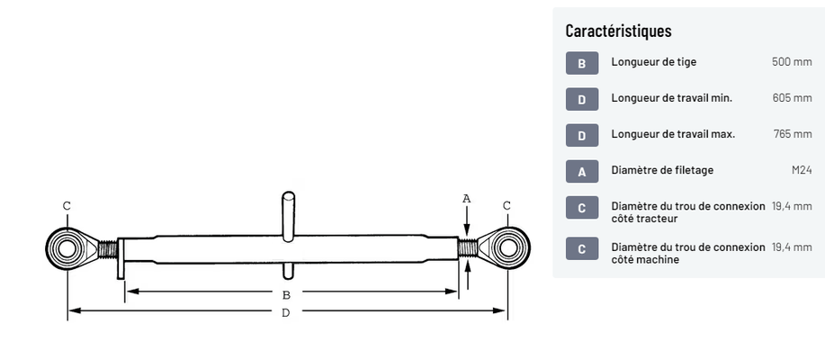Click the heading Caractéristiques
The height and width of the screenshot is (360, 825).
[618, 31]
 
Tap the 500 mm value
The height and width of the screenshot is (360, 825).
[792, 62]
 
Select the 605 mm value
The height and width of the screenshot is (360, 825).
[792, 98]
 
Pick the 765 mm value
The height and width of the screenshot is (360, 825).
[793, 134]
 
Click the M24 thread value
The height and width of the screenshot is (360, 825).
[801, 170]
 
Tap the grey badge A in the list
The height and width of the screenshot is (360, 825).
[581, 171]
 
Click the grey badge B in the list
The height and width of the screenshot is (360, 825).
[581, 63]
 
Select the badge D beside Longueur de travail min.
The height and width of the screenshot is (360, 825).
[581, 99]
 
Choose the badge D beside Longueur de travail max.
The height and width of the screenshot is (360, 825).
[581, 135]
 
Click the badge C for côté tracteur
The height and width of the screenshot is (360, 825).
[581, 207]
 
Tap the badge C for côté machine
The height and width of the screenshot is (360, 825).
[581, 248]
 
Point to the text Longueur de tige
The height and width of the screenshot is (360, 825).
[653, 62]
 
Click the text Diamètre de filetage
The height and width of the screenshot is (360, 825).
[662, 170]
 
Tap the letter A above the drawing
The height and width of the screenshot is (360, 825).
[466, 197]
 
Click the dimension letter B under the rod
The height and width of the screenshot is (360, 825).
[286, 294]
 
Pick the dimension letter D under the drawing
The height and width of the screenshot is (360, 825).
[286, 312]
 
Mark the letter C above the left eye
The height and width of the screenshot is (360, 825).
[67, 206]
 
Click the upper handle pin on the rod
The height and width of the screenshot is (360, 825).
[288, 214]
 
